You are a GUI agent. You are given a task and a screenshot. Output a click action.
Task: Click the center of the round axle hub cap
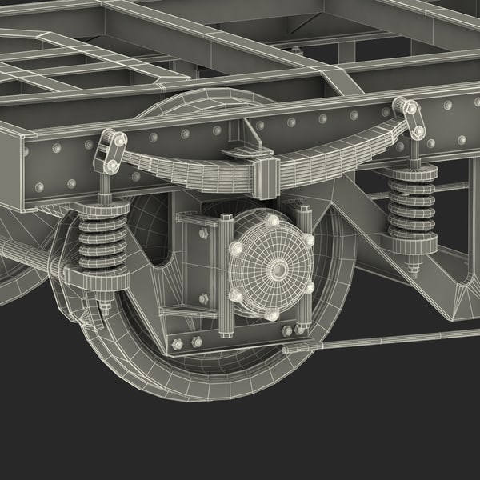point(273,267)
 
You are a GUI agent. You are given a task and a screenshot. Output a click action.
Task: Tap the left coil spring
point(103,241)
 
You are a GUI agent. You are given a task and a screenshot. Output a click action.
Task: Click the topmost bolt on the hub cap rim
point(272,221)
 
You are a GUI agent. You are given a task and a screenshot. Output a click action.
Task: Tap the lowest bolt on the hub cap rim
point(272,316)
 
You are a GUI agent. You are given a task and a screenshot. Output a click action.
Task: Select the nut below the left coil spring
point(105,303)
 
